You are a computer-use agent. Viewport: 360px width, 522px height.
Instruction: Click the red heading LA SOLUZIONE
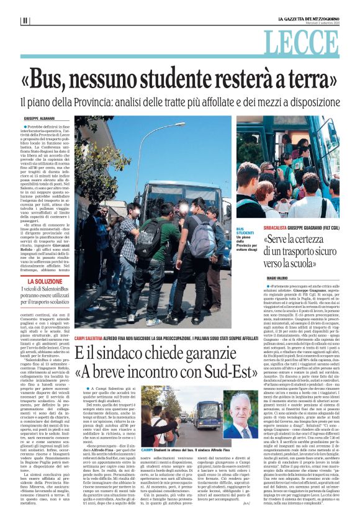click(x=45, y=281)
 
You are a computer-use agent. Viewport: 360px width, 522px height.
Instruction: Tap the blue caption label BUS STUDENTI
click(x=245, y=231)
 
